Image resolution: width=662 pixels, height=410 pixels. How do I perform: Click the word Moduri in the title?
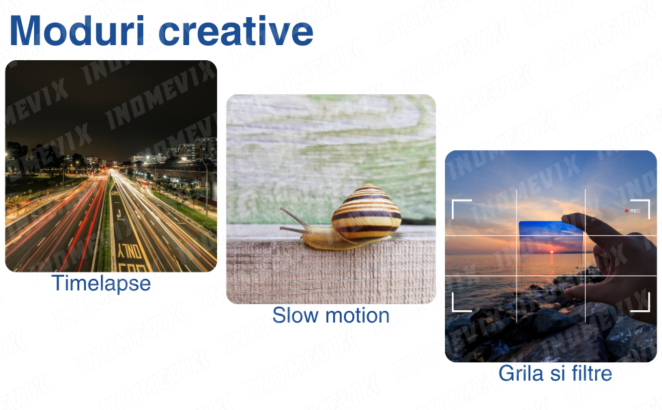click(77, 31)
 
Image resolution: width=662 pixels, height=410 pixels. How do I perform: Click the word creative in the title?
click(235, 31)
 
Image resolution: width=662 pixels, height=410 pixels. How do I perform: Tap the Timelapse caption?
click(101, 284)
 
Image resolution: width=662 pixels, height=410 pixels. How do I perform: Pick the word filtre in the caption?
click(591, 374)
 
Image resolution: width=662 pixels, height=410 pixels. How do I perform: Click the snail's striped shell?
click(366, 213)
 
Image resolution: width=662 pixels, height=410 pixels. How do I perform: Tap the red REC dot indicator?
click(627, 210)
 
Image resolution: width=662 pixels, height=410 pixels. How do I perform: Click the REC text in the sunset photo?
click(635, 210)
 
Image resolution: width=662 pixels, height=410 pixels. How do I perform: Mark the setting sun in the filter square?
click(551, 252)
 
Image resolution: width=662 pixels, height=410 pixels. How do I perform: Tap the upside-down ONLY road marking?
click(130, 251)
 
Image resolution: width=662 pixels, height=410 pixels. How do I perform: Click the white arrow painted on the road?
click(119, 215)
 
